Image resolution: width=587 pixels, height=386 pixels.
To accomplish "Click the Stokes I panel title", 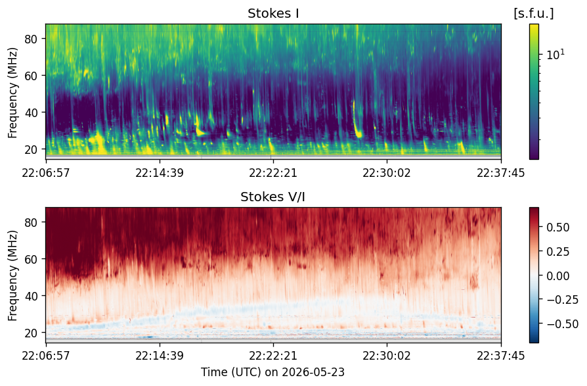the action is tap(273, 14).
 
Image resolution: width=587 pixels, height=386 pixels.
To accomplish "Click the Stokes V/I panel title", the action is tap(272, 197).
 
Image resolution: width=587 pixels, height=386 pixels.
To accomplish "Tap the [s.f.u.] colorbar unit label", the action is tap(534, 14).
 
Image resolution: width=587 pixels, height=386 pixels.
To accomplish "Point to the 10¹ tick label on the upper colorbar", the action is tap(555, 55).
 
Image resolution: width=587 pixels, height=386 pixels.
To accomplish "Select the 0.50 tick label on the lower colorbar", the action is tap(558, 228).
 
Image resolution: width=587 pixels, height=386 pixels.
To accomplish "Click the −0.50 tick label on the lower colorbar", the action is tap(562, 324).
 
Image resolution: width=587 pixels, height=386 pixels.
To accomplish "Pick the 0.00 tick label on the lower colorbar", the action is tap(558, 276).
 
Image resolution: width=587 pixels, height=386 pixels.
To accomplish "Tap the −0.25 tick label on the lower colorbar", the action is tap(562, 300).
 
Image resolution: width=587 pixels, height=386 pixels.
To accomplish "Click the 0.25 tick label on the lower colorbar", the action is tap(558, 252).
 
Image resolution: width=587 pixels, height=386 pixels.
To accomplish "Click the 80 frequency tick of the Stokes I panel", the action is tap(31, 39).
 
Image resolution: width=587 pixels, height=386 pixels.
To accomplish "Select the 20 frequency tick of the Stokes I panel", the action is tap(31, 149).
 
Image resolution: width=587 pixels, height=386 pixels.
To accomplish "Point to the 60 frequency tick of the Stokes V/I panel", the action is tap(31, 259).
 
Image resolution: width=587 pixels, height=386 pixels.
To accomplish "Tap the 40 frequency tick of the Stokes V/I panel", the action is tap(31, 296).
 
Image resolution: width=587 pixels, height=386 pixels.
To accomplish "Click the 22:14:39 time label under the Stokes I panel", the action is tap(160, 173).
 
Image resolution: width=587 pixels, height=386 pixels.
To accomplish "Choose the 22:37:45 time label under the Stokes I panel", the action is tap(501, 173).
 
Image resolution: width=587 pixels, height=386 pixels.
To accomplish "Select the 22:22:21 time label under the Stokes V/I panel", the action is tap(273, 355).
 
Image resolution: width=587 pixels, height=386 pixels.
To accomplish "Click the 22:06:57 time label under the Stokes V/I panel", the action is tap(46, 355).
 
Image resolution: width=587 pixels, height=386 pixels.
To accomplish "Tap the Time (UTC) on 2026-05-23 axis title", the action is tap(272, 372).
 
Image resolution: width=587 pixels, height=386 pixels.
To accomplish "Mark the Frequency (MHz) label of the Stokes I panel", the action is tap(12, 93).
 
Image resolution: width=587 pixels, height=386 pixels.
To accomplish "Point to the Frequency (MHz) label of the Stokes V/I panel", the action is tap(12, 276).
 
